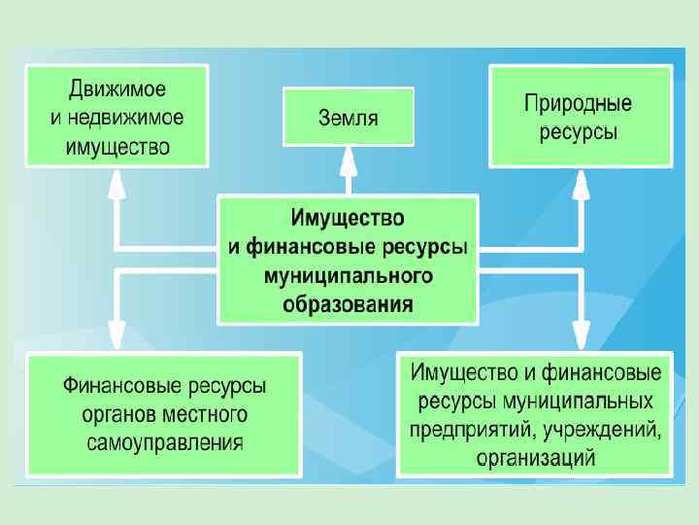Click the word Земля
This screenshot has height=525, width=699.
[x=349, y=120]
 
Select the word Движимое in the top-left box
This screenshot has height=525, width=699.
[x=117, y=90]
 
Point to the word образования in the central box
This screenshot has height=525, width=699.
[x=349, y=303]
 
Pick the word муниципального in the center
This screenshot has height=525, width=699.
[x=349, y=276]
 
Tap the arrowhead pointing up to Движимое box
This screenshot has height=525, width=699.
[x=116, y=181]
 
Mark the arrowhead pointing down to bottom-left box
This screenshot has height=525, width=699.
[x=116, y=333]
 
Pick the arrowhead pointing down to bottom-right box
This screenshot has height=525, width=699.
[x=581, y=333]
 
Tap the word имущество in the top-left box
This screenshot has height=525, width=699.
[x=118, y=147]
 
